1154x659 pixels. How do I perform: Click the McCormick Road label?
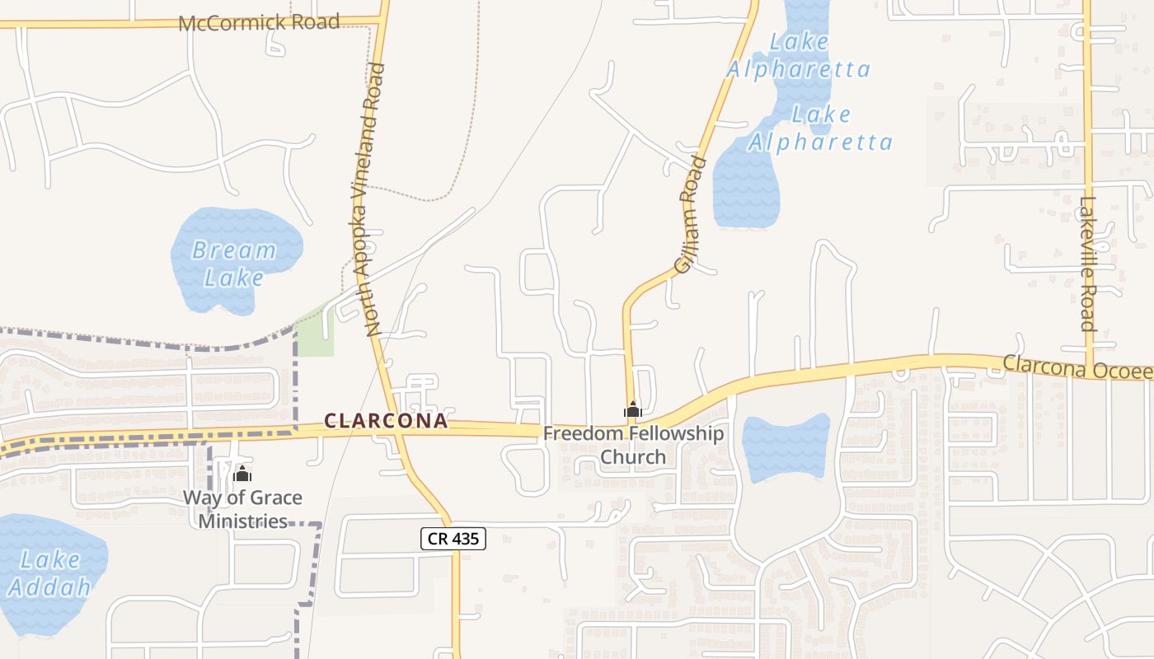pos(259,22)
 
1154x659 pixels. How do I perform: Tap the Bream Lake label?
pos(234,263)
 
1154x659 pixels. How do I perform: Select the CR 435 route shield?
pos(453,539)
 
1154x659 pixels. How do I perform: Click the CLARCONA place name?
pos(386,421)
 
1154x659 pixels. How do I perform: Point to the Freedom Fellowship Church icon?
pos(633,409)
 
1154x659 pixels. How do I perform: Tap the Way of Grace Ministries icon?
pos(242,474)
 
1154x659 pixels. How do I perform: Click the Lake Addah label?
pos(49,573)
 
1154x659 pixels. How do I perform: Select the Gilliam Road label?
pos(691,215)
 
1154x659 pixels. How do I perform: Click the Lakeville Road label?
pos(1089,263)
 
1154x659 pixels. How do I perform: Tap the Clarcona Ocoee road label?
pos(1077,367)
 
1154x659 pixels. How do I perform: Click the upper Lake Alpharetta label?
pos(798,54)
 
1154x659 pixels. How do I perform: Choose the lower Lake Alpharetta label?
pos(820,129)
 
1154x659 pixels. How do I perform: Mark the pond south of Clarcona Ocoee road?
pos(786,446)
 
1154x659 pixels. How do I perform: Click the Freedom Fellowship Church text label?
pos(633,445)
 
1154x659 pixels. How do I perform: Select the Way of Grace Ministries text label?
pos(242,509)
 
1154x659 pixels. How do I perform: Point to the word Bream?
pos(234,250)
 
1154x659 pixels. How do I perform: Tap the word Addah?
pos(49,587)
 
